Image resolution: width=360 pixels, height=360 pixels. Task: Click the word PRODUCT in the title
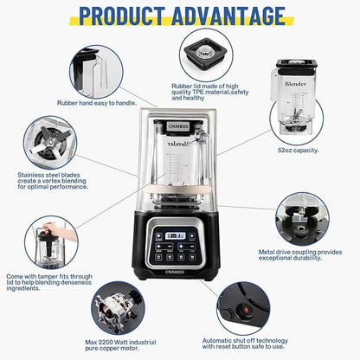124,16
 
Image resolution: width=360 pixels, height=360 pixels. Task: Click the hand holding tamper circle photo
52,235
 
